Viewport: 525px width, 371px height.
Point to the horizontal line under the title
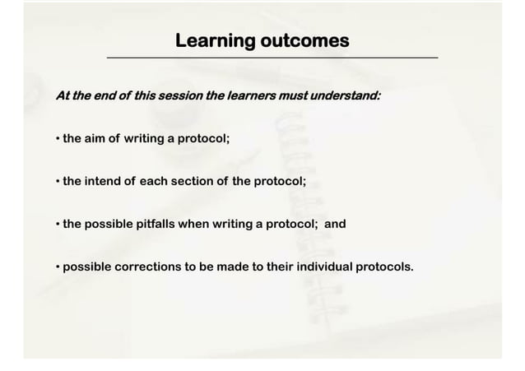pyautogui.click(x=272, y=58)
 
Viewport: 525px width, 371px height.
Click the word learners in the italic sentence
pyautogui.click(x=252, y=95)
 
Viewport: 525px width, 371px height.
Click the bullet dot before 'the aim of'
pyautogui.click(x=58, y=139)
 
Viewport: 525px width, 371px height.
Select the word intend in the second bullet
pyautogui.click(x=104, y=181)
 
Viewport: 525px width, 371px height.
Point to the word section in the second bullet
pyautogui.click(x=193, y=181)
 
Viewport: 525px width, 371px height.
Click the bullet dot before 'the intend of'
pyautogui.click(x=58, y=181)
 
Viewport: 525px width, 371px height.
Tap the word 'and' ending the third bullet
pyautogui.click(x=334, y=223)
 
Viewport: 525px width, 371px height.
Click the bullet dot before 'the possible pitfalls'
pyautogui.click(x=58, y=223)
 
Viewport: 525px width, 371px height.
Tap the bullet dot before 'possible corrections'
pyautogui.click(x=58, y=267)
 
